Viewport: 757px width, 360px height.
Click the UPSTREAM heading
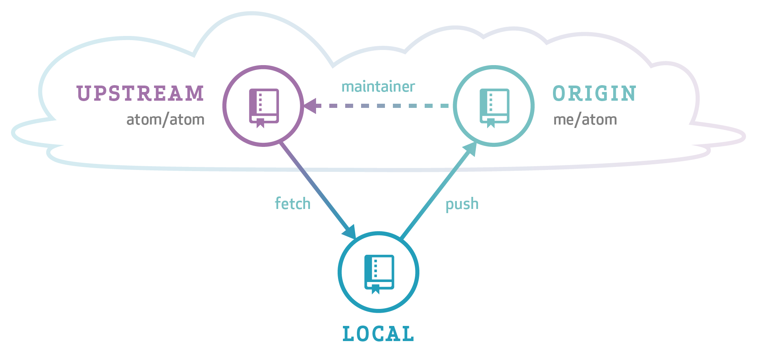pos(140,94)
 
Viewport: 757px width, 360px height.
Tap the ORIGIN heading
pos(594,94)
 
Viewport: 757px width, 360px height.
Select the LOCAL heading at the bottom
pos(378,334)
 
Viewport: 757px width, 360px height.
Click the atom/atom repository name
pos(165,120)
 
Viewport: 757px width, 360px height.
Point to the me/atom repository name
pos(585,120)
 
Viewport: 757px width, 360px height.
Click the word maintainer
pos(378,87)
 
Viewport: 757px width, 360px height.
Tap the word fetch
pos(293,204)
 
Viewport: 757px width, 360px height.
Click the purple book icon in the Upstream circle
pos(264,107)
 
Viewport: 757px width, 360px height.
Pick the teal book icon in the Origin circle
pos(494,107)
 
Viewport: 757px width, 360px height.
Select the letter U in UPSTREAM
pos(83,94)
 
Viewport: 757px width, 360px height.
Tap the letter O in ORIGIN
pos(559,94)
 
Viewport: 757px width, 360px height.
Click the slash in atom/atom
pos(165,120)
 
